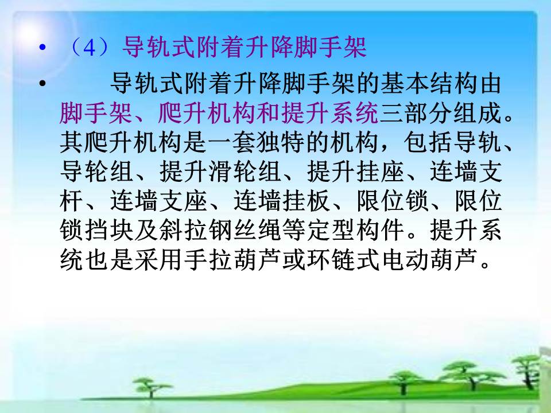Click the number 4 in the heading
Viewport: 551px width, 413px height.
[x=90, y=48]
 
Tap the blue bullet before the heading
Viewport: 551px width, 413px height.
[x=42, y=47]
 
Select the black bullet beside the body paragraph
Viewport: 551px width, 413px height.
[x=42, y=84]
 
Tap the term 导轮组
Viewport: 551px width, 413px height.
[x=96, y=172]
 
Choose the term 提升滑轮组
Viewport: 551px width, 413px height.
[x=220, y=172]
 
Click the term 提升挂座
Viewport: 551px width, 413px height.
[x=355, y=172]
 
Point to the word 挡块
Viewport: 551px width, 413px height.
[x=109, y=230]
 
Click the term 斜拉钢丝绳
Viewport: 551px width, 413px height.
[x=220, y=230]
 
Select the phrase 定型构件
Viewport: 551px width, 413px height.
[x=355, y=230]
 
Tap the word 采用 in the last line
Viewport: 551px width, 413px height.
[x=158, y=259]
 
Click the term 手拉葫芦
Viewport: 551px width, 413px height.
[x=232, y=259]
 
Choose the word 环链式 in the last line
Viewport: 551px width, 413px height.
[x=343, y=259]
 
